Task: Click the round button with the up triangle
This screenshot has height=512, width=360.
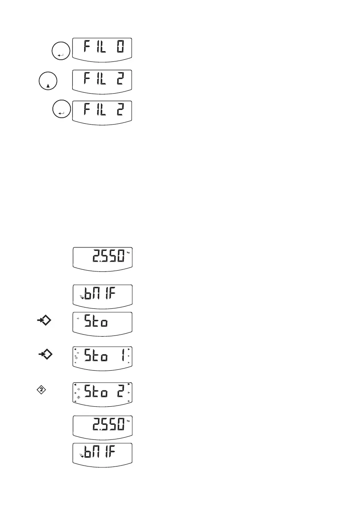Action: (47, 81)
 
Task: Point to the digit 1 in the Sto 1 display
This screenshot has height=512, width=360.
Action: (122, 355)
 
